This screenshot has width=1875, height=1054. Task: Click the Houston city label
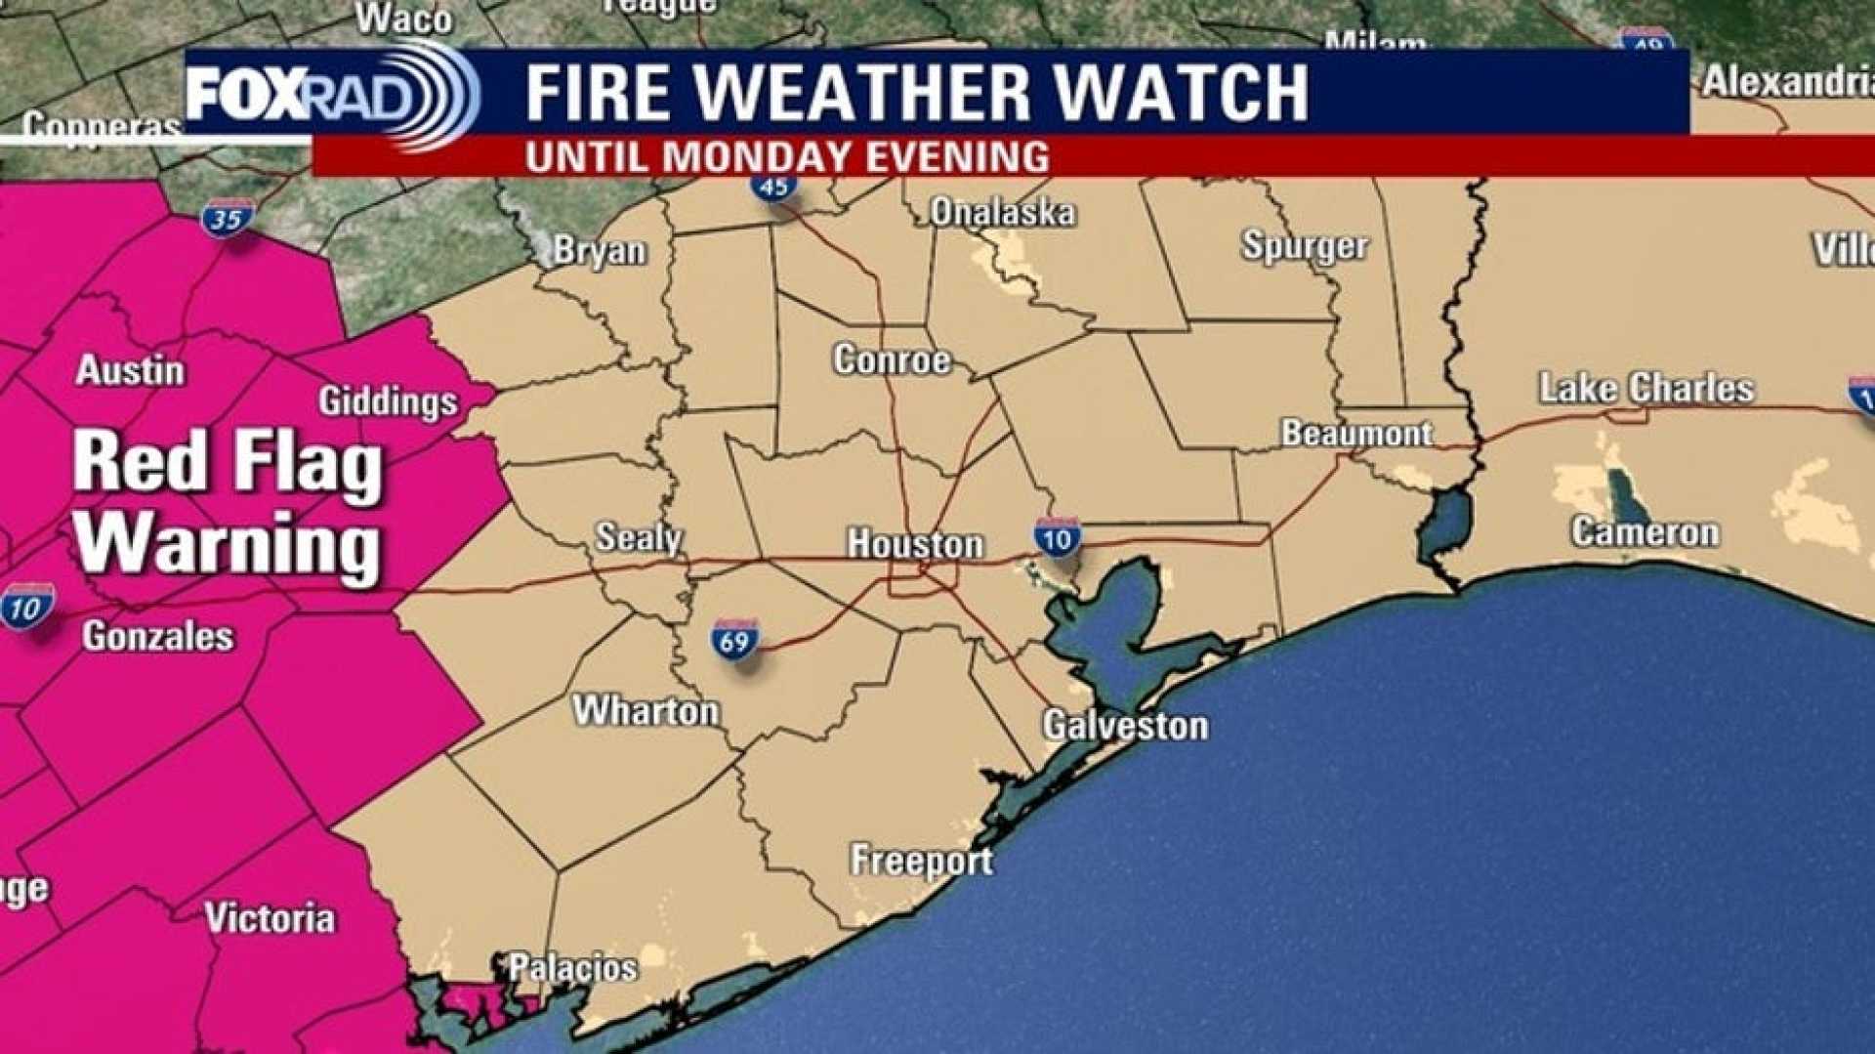(x=914, y=544)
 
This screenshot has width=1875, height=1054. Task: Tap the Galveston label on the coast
(x=1125, y=726)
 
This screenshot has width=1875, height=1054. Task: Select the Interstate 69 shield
(x=734, y=640)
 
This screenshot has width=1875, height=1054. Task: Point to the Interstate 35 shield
(x=228, y=218)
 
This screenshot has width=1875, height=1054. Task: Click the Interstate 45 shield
(x=774, y=185)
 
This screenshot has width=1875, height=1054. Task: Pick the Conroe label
(x=892, y=360)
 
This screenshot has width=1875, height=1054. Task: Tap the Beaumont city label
(x=1356, y=433)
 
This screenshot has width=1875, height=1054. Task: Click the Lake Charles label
(x=1646, y=388)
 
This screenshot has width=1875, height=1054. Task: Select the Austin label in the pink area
(x=130, y=371)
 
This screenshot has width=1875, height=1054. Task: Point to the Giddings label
(x=389, y=401)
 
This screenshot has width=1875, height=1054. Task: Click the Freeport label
(x=922, y=861)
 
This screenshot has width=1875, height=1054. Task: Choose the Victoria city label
(x=270, y=918)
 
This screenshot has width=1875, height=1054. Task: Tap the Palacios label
(x=573, y=968)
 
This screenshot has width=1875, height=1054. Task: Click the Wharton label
(x=646, y=710)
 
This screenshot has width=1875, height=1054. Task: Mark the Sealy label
(x=639, y=537)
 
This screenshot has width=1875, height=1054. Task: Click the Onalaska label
(x=1003, y=212)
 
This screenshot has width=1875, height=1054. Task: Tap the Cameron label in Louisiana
(x=1645, y=532)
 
